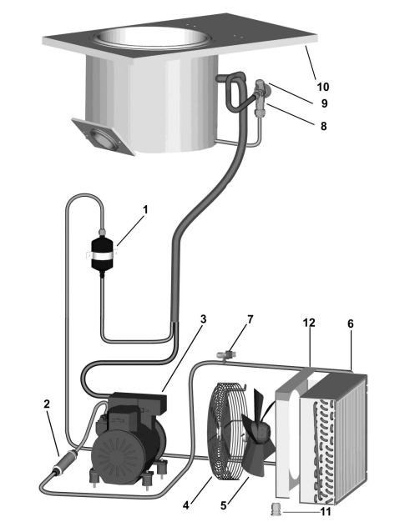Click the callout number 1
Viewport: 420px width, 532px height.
[145, 210]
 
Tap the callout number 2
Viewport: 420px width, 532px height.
[47, 404]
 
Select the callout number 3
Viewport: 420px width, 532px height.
[203, 319]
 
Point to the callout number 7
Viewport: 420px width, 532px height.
[250, 319]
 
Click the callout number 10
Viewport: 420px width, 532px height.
[323, 87]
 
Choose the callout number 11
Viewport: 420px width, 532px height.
[326, 512]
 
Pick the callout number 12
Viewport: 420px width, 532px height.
[309, 323]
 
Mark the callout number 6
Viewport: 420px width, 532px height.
[351, 324]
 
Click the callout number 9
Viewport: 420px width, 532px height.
[324, 103]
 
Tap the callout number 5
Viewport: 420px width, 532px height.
[223, 505]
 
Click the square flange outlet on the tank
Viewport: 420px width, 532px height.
[102, 136]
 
